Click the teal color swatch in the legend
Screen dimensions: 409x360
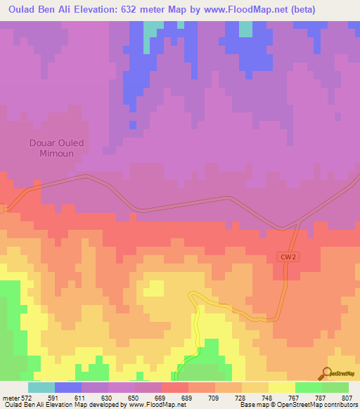(x=41, y=387)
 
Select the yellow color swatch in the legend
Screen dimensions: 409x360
(x=282, y=387)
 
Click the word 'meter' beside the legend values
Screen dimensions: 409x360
(x=11, y=398)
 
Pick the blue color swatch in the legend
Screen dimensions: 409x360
(x=68, y=387)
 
